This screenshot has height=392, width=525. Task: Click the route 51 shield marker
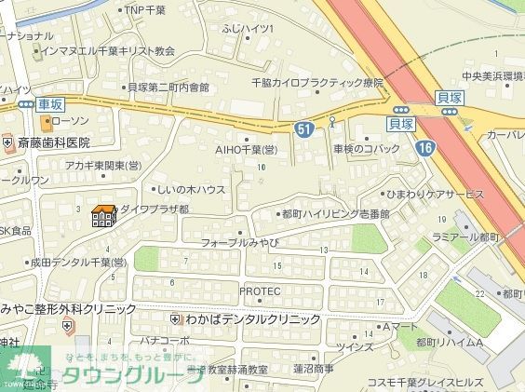pyautogui.click(x=304, y=130)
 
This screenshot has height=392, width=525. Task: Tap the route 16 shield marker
pyautogui.click(x=424, y=147)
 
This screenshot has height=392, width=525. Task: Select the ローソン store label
pyautogui.click(x=70, y=121)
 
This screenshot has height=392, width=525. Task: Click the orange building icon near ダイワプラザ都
pyautogui.click(x=102, y=216)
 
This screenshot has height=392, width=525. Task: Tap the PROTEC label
pyautogui.click(x=260, y=291)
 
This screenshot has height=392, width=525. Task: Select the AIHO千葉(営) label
pyautogui.click(x=247, y=149)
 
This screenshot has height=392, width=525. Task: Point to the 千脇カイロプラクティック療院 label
pyautogui.click(x=317, y=83)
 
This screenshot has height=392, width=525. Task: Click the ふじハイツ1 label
pyautogui.click(x=248, y=29)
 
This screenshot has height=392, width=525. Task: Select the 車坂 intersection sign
pyautogui.click(x=52, y=105)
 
